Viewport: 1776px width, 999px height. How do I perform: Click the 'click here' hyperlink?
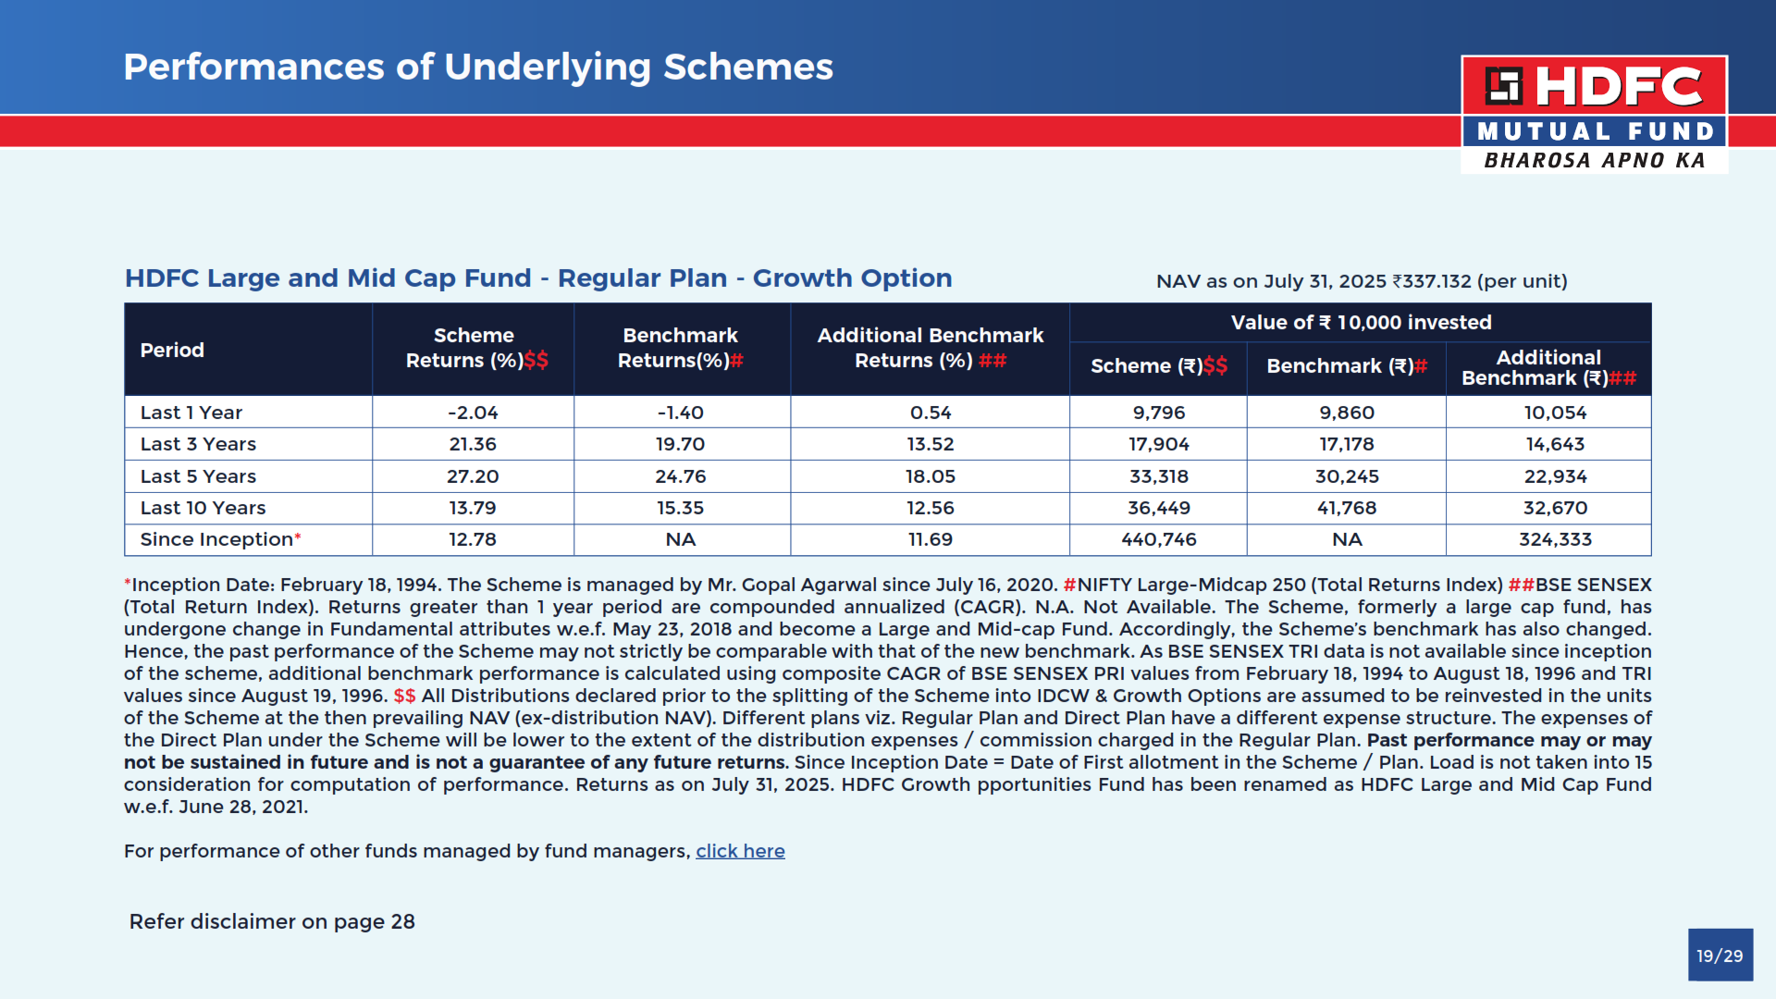coord(740,851)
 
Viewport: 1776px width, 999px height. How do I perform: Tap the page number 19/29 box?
coord(1720,956)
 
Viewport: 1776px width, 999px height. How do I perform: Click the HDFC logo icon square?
coord(1503,86)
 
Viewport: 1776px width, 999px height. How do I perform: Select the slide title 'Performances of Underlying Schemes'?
coord(478,67)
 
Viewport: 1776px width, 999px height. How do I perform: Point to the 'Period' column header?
coord(172,351)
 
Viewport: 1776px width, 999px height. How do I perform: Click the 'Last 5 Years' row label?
coord(198,476)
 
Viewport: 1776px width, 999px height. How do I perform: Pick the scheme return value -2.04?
coord(473,413)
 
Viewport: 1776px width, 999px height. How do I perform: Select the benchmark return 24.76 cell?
coord(681,476)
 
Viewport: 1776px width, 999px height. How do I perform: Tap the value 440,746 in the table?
coord(1159,539)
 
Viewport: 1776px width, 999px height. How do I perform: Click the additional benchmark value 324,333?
coord(1555,539)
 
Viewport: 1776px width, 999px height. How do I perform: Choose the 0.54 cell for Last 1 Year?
coord(931,413)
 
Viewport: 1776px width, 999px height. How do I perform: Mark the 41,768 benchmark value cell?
coord(1347,508)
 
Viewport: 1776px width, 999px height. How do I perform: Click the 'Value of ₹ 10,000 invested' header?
coord(1361,323)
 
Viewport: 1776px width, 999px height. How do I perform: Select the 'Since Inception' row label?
coord(216,539)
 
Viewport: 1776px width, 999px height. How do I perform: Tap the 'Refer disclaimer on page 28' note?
coord(272,921)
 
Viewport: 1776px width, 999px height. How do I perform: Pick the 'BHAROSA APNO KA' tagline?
coord(1595,161)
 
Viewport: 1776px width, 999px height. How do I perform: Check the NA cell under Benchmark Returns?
coord(681,539)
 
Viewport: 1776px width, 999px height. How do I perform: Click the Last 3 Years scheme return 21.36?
coord(473,444)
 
